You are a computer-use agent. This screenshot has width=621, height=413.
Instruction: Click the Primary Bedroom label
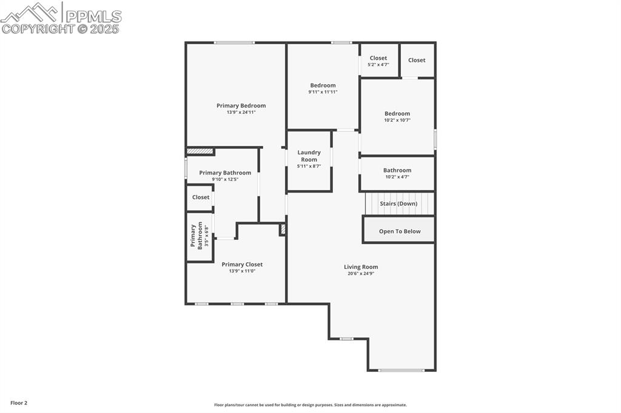coord(241,105)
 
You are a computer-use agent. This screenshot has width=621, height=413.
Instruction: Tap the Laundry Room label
coord(309,156)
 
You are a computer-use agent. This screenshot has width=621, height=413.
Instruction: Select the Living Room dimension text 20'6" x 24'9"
coord(361,274)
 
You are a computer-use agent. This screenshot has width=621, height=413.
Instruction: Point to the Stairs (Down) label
coord(398,203)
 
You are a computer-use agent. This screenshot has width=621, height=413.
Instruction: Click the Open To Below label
coord(399,231)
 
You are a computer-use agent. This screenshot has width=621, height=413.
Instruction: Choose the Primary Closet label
coord(242,264)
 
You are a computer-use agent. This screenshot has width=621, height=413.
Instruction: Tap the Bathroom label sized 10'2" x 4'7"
coord(397,170)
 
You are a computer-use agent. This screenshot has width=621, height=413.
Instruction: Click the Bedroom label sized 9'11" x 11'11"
coord(323,85)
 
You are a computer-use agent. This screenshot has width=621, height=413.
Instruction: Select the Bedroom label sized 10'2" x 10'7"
coord(397,113)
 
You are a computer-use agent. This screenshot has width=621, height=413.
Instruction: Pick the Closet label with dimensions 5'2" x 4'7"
coord(378,58)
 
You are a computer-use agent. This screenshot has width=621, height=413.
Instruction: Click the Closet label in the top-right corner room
coord(417,60)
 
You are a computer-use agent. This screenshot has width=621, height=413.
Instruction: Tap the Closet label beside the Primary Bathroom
coord(201,197)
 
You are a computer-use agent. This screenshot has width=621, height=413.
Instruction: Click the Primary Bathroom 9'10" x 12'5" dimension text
coord(225,179)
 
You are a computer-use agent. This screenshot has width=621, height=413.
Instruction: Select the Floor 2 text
coord(19,403)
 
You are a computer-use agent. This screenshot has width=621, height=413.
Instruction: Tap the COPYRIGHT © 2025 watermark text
coord(61,28)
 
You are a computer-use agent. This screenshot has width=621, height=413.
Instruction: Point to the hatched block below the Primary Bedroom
coord(200,151)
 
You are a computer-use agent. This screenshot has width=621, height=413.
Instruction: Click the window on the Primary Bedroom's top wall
coord(234,42)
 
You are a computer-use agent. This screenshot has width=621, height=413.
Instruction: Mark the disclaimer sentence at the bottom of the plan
coord(310,405)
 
